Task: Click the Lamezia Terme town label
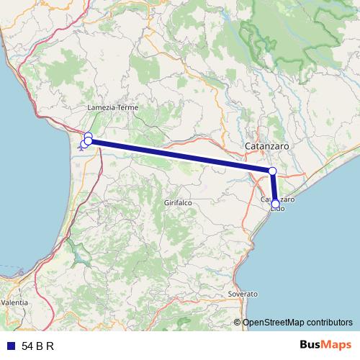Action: tap(112, 107)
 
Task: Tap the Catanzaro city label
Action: tap(267, 145)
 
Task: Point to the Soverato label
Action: tap(243, 294)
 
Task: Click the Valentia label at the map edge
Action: tap(14, 302)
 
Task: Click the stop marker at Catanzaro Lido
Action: tap(275, 204)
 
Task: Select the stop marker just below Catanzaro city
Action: tap(272, 171)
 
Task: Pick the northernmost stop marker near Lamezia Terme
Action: tap(88, 136)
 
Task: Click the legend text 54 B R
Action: tap(38, 346)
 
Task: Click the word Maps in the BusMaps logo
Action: tap(337, 345)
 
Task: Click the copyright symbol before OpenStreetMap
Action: tap(238, 323)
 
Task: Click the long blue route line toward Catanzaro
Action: tap(180, 156)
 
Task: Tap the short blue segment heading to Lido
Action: tap(274, 188)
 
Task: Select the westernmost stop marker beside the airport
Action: tap(84, 144)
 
